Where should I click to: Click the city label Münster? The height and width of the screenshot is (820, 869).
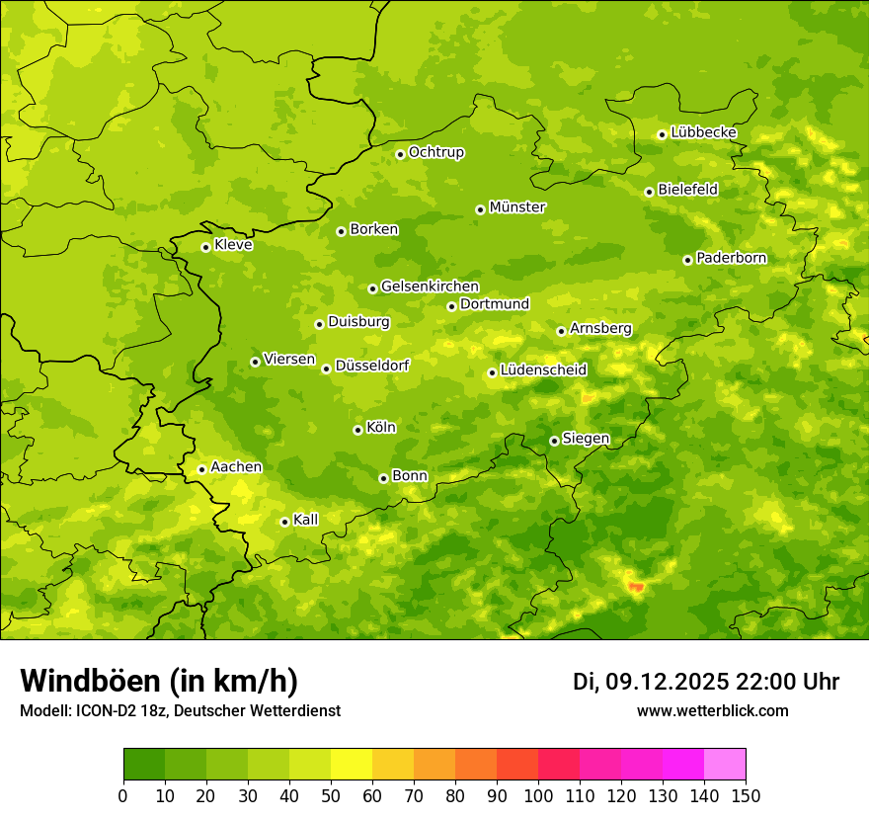pyautogui.click(x=517, y=207)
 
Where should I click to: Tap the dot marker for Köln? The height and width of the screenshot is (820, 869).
pyautogui.click(x=357, y=430)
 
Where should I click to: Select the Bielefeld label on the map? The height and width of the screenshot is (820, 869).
pyautogui.click(x=687, y=190)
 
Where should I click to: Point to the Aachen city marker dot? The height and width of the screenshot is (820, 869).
pyautogui.click(x=201, y=469)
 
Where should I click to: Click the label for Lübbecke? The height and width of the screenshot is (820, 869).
pyautogui.click(x=703, y=132)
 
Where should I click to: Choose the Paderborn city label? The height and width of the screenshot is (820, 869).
pyautogui.click(x=731, y=258)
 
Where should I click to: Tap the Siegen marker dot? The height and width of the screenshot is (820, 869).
pyautogui.click(x=554, y=441)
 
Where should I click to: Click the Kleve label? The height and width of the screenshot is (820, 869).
pyautogui.click(x=233, y=245)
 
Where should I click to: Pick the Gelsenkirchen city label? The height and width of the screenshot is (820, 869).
pyautogui.click(x=430, y=287)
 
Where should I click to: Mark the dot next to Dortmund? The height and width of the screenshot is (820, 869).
pyautogui.click(x=451, y=306)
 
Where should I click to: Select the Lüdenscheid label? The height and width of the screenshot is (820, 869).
pyautogui.click(x=543, y=370)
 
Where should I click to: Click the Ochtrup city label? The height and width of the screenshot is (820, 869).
pyautogui.click(x=435, y=152)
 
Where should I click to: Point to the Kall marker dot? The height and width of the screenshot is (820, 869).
pyautogui.click(x=284, y=522)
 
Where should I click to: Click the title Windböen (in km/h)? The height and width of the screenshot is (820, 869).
pyautogui.click(x=159, y=681)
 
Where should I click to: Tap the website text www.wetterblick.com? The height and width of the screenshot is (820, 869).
pyautogui.click(x=712, y=710)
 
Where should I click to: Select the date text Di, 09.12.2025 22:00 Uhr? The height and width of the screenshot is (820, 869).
pyautogui.click(x=706, y=682)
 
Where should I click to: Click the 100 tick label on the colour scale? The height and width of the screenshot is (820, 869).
pyautogui.click(x=538, y=795)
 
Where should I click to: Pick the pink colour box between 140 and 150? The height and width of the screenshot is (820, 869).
pyautogui.click(x=725, y=765)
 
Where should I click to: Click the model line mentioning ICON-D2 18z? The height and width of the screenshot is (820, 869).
pyautogui.click(x=180, y=711)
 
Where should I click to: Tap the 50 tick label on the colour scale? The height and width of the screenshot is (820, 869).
pyautogui.click(x=331, y=795)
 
